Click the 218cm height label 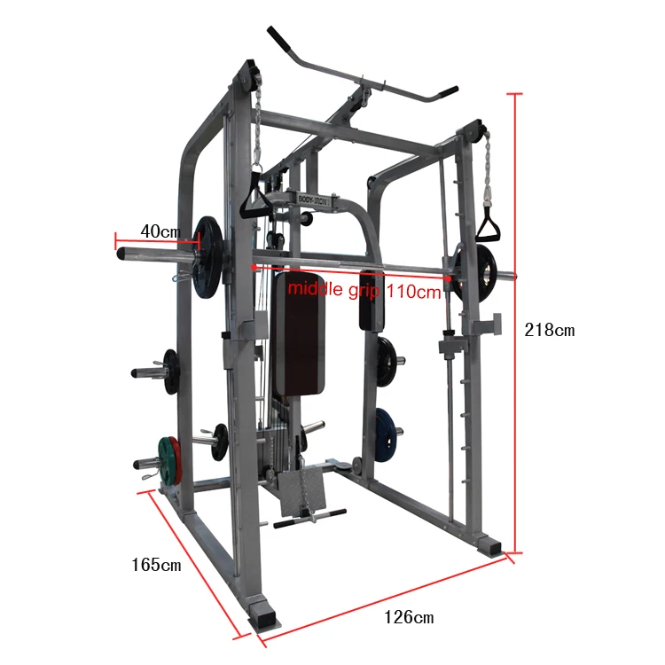coord(550,330)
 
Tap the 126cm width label coord(409,617)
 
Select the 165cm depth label coord(156,565)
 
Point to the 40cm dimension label coord(160,231)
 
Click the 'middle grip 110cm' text coord(364,291)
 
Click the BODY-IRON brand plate coord(313,199)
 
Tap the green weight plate coord(165,460)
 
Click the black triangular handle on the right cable coord(488,226)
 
